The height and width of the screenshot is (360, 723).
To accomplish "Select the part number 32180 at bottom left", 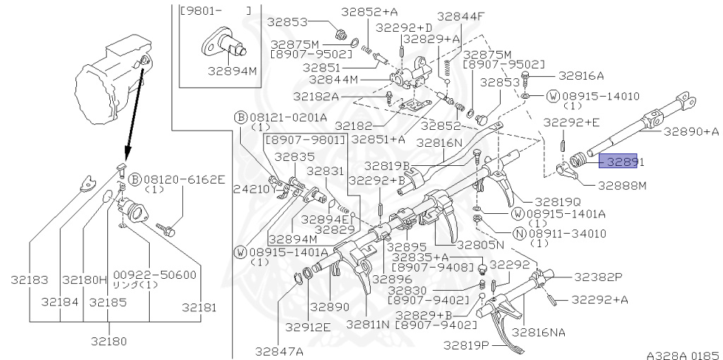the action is tap(109, 342).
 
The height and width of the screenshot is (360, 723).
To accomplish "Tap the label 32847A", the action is tap(279, 351).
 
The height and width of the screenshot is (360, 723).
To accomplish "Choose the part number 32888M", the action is tap(622, 186).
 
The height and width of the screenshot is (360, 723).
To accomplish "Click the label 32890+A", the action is tap(690, 131).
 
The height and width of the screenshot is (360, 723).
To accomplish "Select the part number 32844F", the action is tap(460, 16).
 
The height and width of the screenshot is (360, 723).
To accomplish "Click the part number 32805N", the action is tap(480, 245).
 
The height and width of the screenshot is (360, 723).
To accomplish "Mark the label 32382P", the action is tap(597, 277).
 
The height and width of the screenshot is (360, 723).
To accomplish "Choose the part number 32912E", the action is tap(309, 327).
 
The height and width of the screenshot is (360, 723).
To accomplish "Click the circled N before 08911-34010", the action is tap(519, 233).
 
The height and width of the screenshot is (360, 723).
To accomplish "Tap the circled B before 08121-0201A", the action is tap(240, 117).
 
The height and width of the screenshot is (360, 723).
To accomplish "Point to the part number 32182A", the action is tap(316, 96).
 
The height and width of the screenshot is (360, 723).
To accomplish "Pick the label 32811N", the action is tap(368, 324).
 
